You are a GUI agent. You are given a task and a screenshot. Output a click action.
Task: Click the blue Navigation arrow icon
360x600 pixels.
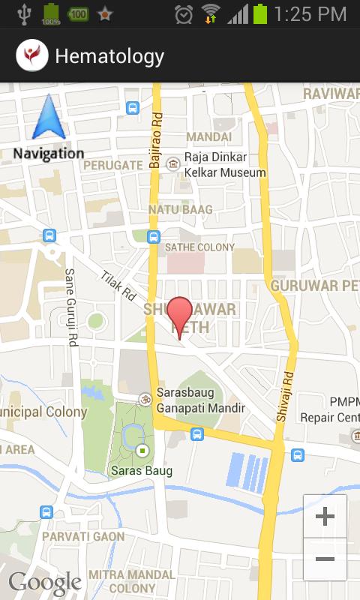(x=48, y=118)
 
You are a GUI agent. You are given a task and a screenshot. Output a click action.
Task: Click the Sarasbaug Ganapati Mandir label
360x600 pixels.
(x=201, y=400)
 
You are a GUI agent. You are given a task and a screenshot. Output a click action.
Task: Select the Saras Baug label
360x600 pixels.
(x=142, y=471)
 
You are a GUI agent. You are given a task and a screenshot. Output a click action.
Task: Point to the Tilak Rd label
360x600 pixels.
(x=116, y=286)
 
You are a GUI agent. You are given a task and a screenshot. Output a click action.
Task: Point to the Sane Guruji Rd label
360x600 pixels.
(x=71, y=307)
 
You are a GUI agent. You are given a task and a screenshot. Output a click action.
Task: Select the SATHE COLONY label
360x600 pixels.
(x=199, y=247)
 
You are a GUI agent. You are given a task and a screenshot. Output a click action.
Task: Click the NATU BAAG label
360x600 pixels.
(x=180, y=209)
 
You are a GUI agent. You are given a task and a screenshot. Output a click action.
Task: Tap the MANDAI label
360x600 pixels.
(x=208, y=136)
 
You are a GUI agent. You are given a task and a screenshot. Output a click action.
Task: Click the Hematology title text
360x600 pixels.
(x=109, y=55)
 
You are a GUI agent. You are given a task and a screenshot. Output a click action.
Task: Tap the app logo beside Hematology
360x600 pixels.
(x=31, y=55)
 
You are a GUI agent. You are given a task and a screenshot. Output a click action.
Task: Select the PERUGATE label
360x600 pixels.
(x=112, y=164)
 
